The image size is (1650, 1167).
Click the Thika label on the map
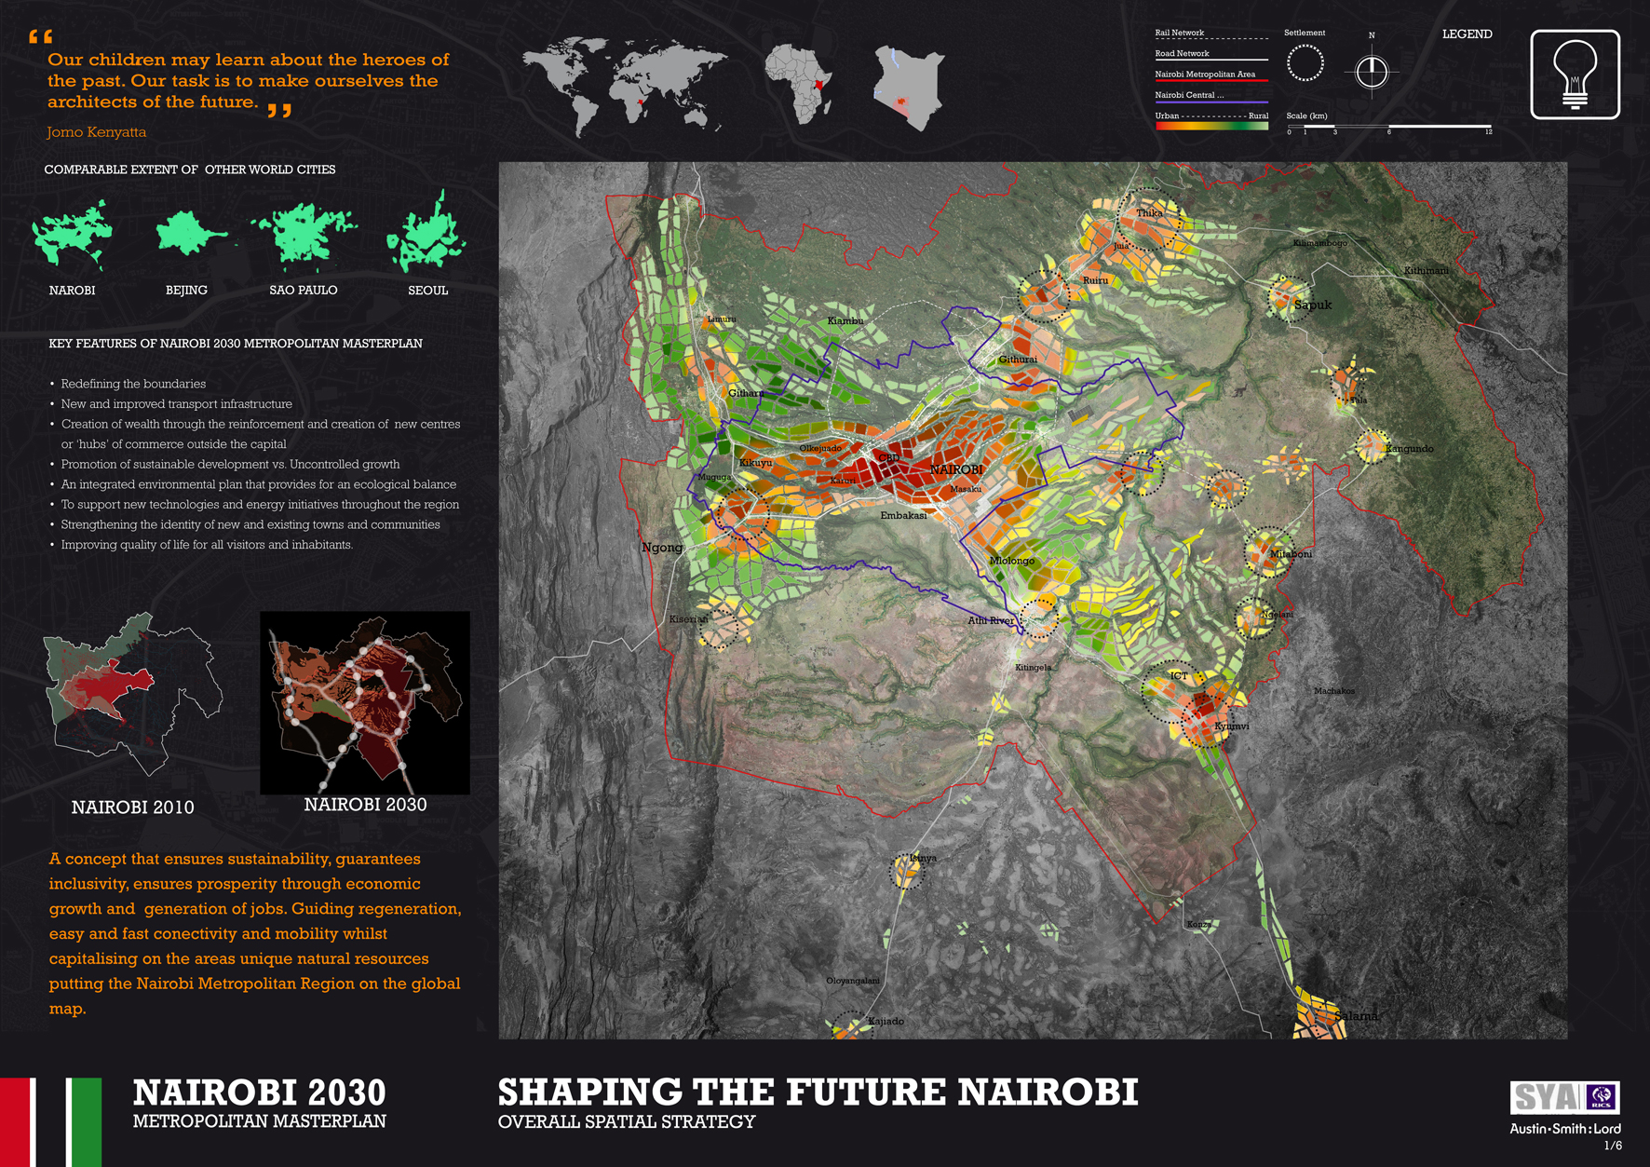coord(1149,213)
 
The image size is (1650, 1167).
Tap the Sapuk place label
coord(1313,305)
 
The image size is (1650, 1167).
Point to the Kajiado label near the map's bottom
coord(886,1022)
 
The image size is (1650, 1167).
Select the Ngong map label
coord(662,548)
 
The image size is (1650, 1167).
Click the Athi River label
coord(991,621)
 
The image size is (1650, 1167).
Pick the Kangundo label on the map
coord(1409,449)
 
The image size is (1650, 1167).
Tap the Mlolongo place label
coord(1012,561)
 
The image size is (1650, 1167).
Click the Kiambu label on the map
coord(845,321)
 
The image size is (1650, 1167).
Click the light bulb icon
coord(1575,75)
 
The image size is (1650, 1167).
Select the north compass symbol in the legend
coord(1372,71)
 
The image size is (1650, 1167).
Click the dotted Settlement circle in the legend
coord(1305,63)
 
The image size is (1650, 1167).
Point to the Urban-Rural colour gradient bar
coord(1211,126)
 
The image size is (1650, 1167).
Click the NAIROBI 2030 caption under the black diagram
coord(365,805)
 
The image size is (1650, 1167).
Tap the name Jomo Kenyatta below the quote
coord(97,132)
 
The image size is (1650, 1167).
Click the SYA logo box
coord(1564,1097)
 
